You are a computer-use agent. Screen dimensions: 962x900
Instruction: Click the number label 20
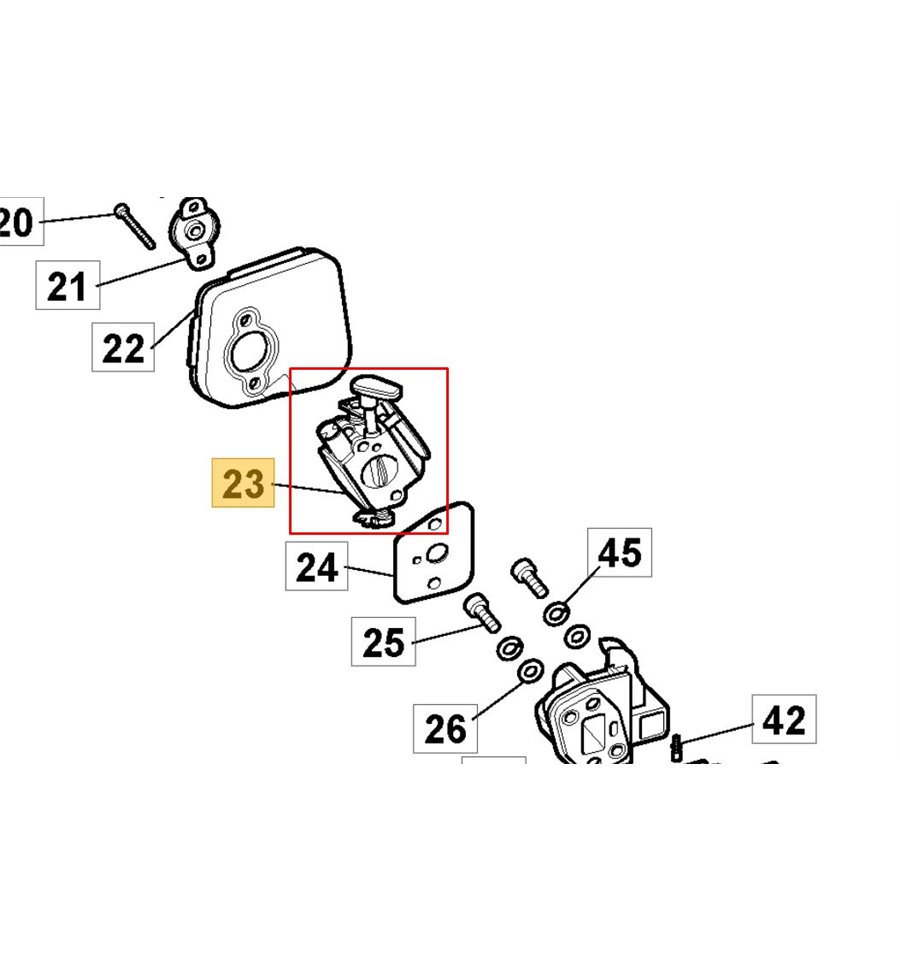point(18,221)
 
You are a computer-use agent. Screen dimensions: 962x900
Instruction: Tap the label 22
point(124,348)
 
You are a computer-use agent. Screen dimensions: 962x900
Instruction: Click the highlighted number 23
point(242,484)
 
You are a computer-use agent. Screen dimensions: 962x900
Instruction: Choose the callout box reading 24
point(317,567)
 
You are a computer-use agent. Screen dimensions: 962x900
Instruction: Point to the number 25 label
point(383,641)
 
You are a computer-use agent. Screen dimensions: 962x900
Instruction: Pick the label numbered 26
point(445,727)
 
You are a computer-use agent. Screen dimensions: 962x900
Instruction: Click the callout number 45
point(619,552)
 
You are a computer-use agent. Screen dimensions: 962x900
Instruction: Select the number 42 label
point(783,720)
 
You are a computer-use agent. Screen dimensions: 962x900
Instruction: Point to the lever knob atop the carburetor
point(376,385)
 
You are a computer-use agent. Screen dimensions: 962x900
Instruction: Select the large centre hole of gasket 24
point(437,555)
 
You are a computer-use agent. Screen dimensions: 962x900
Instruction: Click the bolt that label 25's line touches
point(482,610)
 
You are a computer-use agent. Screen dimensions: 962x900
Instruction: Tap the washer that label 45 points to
point(557,612)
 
